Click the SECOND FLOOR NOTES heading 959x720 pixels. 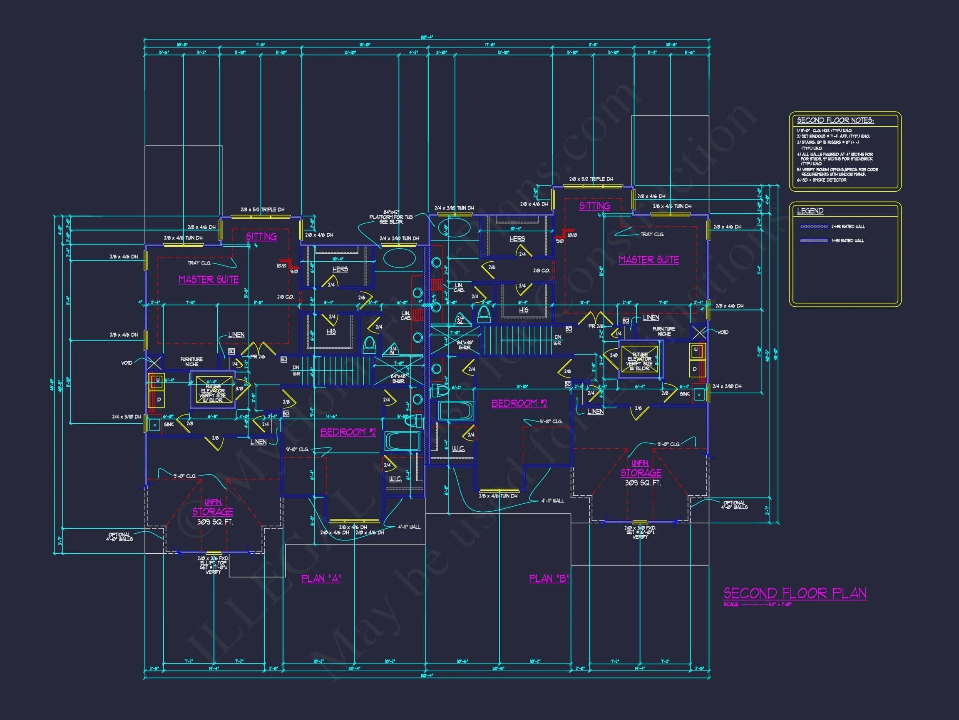coord(835,121)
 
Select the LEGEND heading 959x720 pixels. coord(810,211)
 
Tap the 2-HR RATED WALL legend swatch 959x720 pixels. coord(814,227)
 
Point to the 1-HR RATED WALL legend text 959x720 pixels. coord(847,240)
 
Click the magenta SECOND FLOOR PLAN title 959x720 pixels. coord(795,593)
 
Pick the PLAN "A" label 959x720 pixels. coord(321,578)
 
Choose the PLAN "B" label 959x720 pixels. coord(549,578)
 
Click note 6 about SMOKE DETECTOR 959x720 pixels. coord(822,180)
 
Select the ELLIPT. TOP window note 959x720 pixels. coord(213,563)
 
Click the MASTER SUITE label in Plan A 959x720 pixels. coord(209,280)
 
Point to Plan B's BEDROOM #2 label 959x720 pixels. coord(519,403)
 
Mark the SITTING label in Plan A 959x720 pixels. coord(261,237)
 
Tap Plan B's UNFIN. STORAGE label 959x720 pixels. coord(640,469)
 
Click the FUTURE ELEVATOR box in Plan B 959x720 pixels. coord(639,359)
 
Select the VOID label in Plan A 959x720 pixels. coord(127,363)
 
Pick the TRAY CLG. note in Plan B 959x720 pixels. coord(652,234)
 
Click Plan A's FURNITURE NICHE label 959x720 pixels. coord(191,362)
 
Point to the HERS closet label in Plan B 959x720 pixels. coord(517,239)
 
